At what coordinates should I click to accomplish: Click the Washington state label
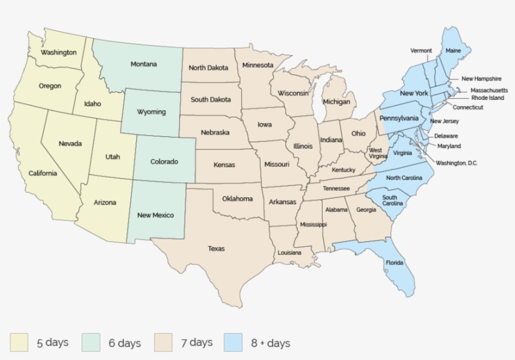tap(58, 52)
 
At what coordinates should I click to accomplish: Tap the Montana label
tap(143, 64)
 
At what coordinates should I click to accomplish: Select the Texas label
tap(216, 249)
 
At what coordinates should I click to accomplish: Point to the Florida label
tap(394, 262)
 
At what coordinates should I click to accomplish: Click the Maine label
tap(453, 50)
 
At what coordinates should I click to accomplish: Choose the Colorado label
tap(164, 161)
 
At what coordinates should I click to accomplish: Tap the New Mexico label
tap(155, 215)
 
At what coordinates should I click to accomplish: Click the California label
tap(43, 173)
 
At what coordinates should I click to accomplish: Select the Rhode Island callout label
tap(487, 98)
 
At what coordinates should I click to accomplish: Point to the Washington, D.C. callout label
tap(457, 163)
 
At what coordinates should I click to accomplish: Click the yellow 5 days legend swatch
tap(19, 342)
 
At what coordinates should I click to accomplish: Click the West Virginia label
tap(376, 153)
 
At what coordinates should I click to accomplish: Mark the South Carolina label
tap(389, 200)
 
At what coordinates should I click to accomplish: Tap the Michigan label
tap(337, 101)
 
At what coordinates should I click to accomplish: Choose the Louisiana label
tap(290, 253)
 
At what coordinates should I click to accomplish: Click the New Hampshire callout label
tap(481, 79)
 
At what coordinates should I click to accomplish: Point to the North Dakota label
tap(209, 68)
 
